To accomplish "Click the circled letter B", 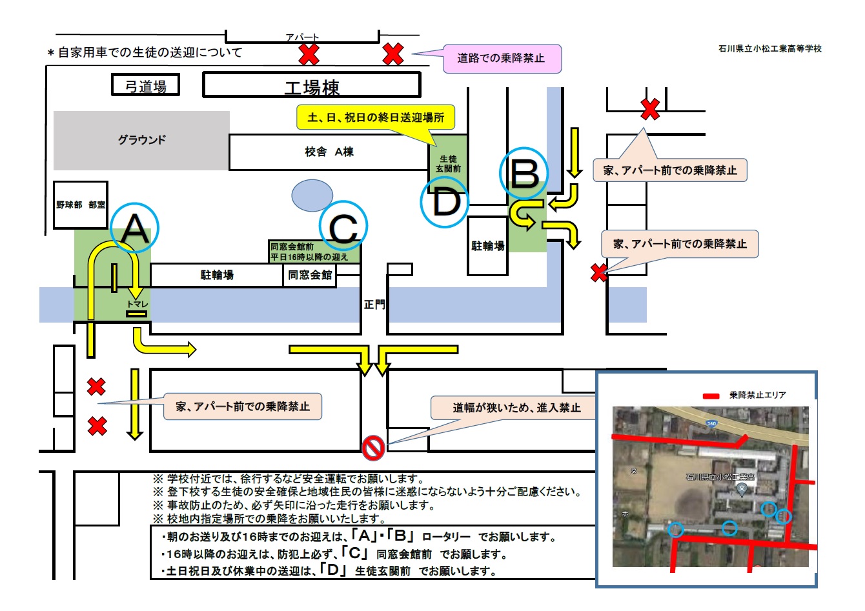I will (x=524, y=172).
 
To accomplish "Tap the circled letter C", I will (x=343, y=226).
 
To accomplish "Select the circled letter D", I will (x=444, y=202).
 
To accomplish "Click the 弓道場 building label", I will (x=146, y=86).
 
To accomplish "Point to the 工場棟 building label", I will (x=312, y=86).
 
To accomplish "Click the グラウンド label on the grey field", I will (x=141, y=140).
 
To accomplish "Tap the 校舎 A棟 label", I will (x=329, y=152).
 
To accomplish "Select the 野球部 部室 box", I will (x=81, y=205).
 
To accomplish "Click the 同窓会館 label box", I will (x=310, y=275).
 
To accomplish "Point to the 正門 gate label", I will (x=374, y=304).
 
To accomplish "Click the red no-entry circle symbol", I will (x=373, y=447).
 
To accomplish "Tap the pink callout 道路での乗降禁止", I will (x=501, y=59).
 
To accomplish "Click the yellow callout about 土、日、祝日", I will (x=375, y=118).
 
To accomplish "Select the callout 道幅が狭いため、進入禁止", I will (x=516, y=408).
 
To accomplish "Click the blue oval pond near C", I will (x=312, y=195).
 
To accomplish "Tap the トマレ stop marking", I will (x=137, y=305).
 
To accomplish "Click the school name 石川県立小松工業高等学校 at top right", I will (x=769, y=49).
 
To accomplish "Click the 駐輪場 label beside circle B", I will (x=487, y=246).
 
